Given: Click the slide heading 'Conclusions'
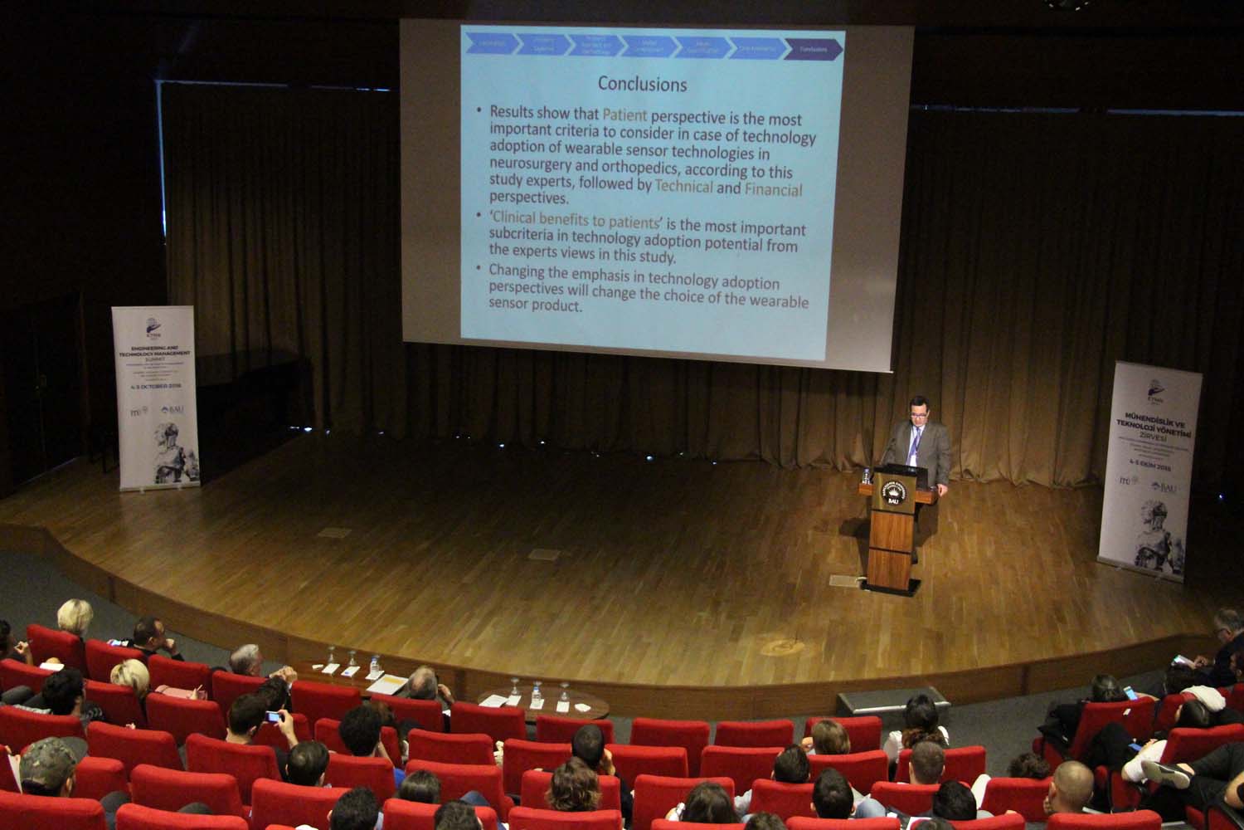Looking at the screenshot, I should coord(642,84).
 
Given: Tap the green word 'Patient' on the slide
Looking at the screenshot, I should coord(624,115).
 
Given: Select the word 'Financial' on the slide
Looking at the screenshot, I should coord(773,190).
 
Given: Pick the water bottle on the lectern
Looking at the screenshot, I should coord(867,476).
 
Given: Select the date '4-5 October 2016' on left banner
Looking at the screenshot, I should coord(154,386).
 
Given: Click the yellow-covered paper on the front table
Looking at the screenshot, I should coord(386,685).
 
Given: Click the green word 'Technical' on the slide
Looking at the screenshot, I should coord(683,186).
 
